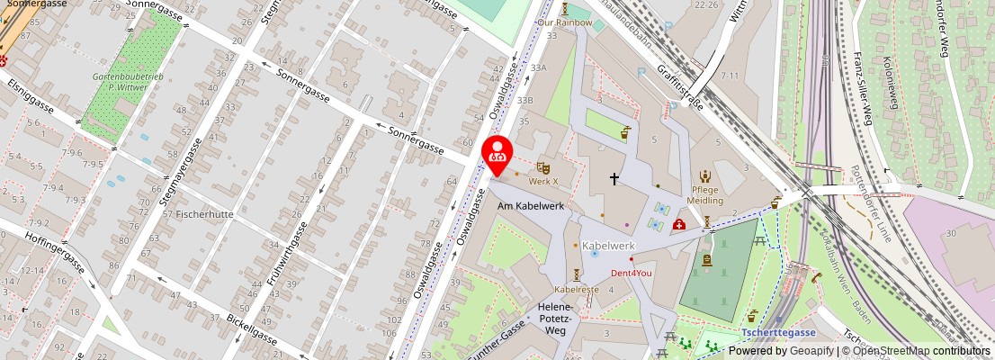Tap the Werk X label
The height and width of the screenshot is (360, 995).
click(x=542, y=181)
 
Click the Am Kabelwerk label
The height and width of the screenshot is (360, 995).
click(x=531, y=206)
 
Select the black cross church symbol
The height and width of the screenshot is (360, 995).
click(x=615, y=179)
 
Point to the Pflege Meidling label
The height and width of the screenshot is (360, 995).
click(x=705, y=194)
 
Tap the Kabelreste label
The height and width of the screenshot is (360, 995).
click(x=577, y=289)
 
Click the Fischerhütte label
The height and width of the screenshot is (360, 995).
click(x=205, y=214)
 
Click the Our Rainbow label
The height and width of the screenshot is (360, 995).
click(x=565, y=22)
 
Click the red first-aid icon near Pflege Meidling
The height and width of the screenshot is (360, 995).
click(x=678, y=224)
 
